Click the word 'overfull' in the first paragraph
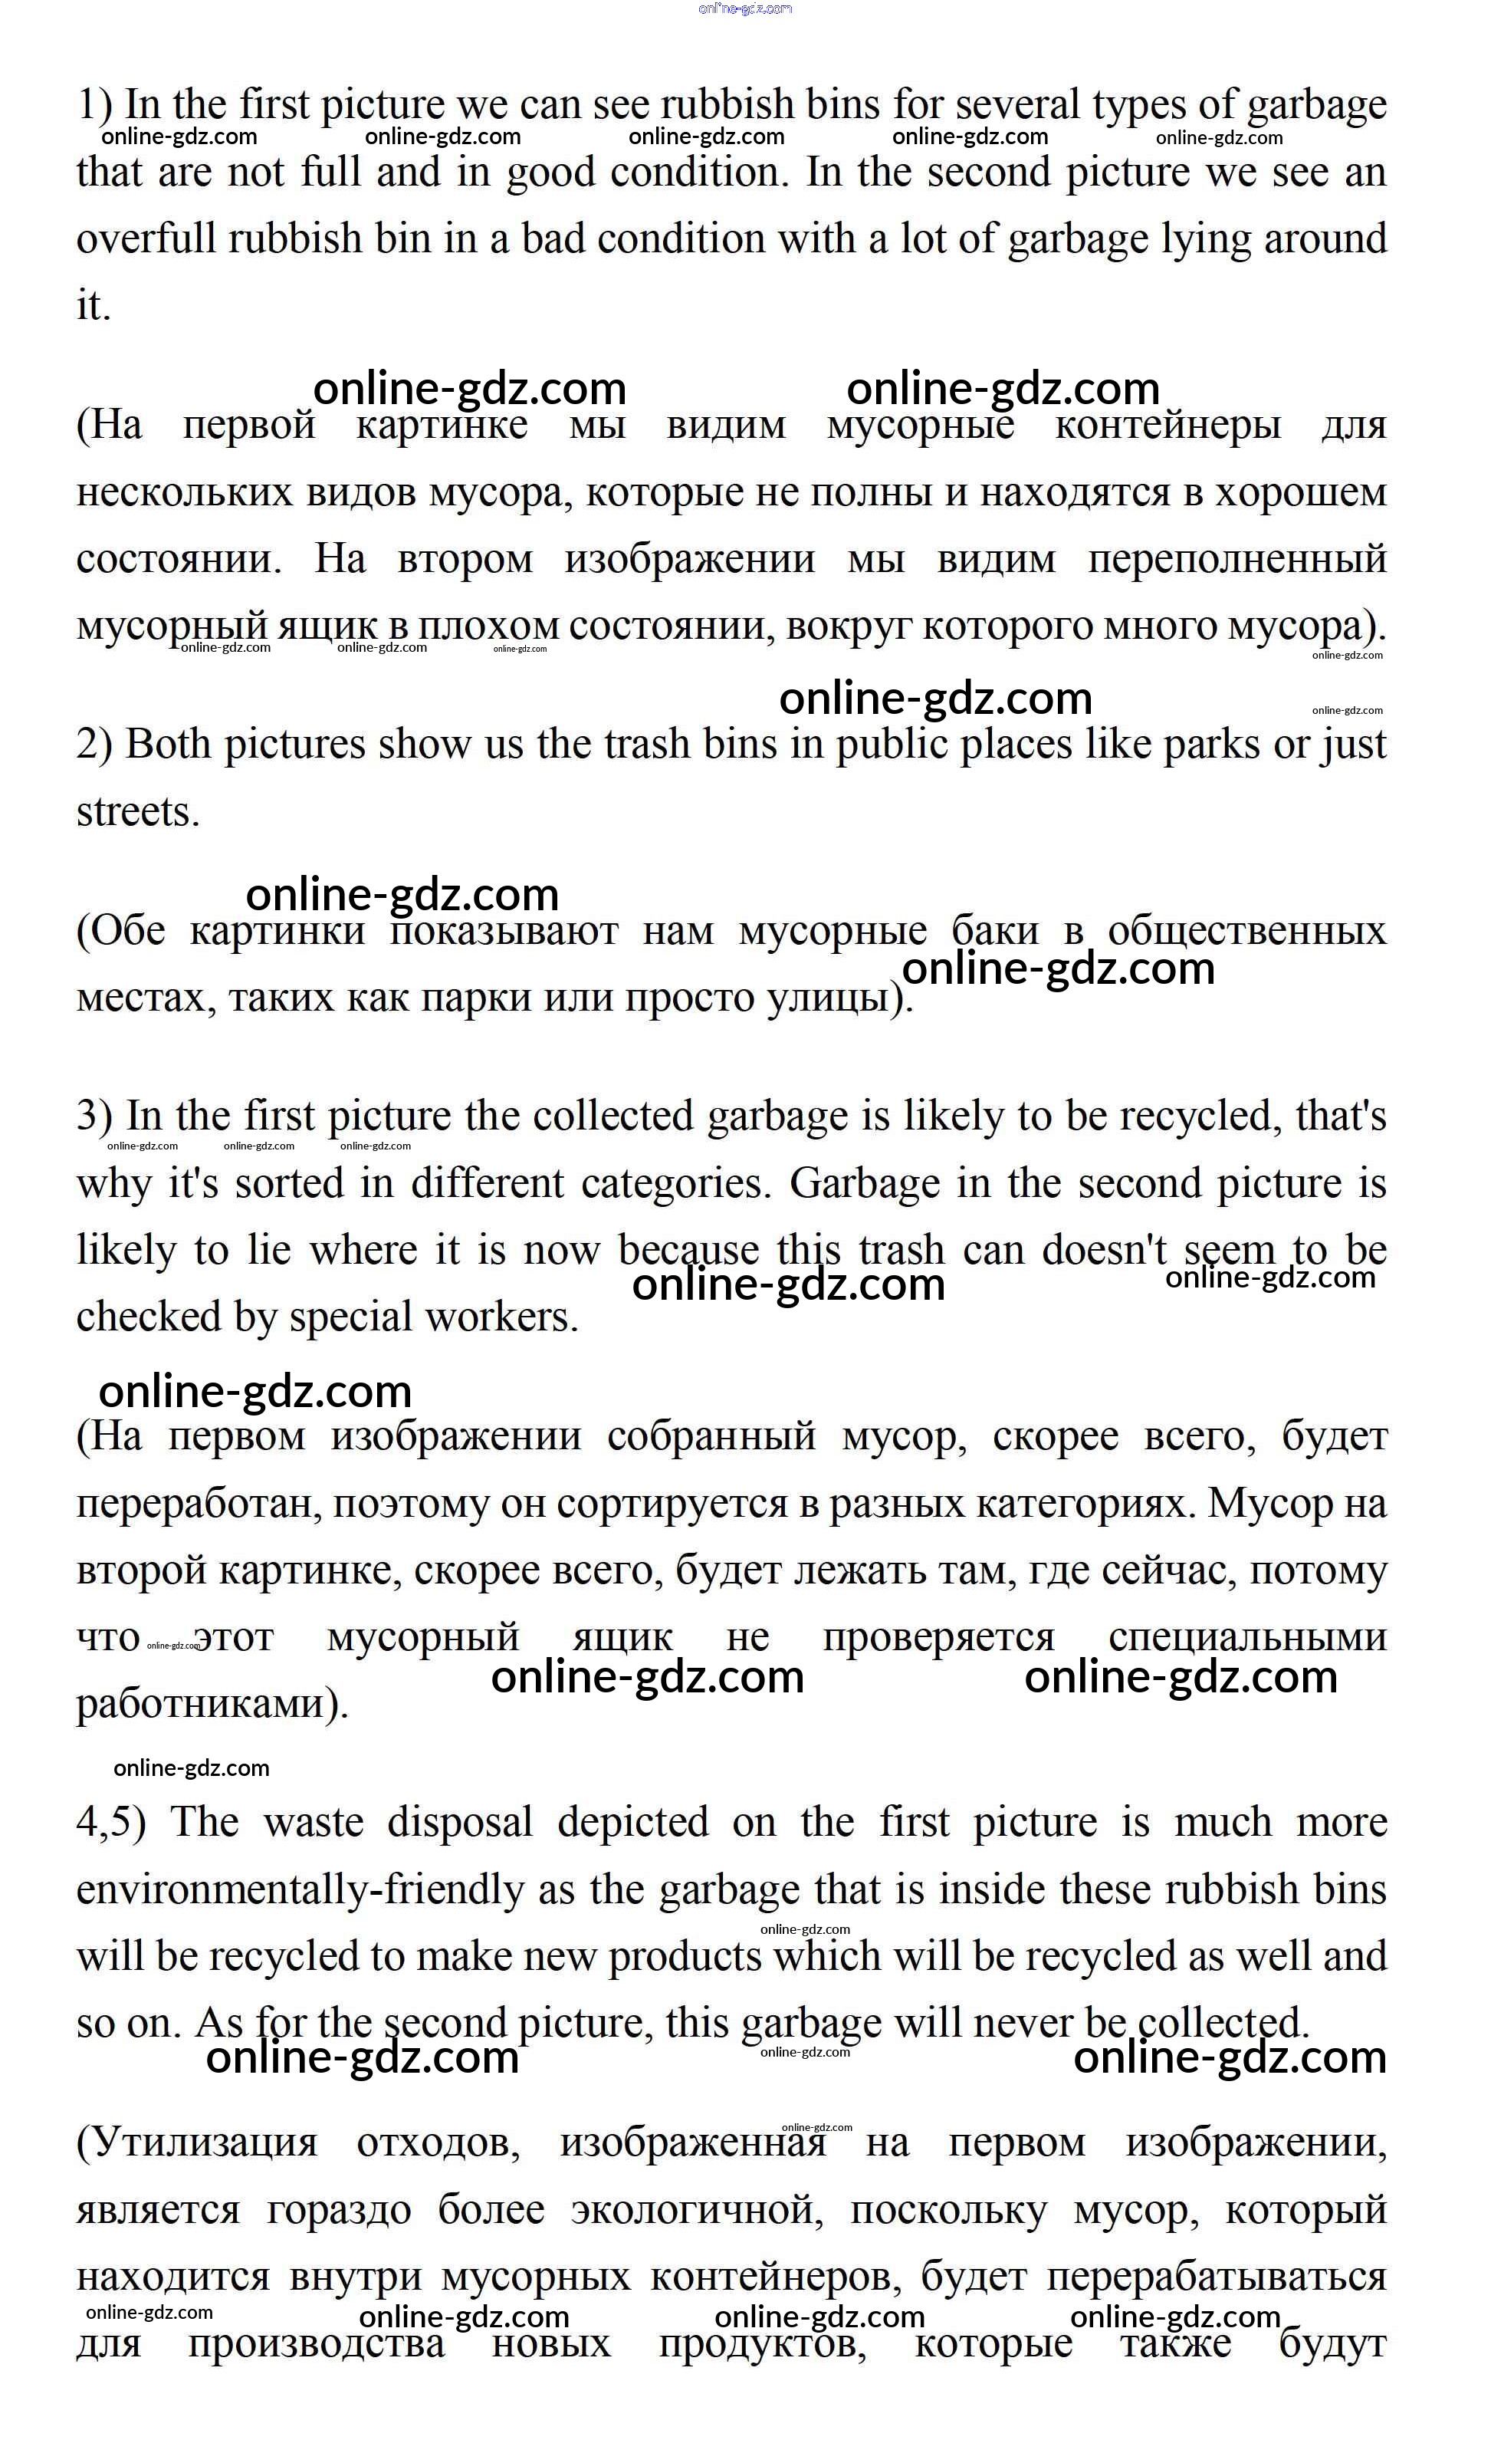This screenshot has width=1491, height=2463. [x=147, y=240]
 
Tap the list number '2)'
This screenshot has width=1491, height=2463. [x=95, y=745]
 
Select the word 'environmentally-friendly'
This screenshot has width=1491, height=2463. [x=300, y=1890]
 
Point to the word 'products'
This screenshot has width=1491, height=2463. [x=685, y=1957]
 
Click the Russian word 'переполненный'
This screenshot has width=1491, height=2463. [x=1237, y=560]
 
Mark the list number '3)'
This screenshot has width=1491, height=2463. [x=95, y=1117]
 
